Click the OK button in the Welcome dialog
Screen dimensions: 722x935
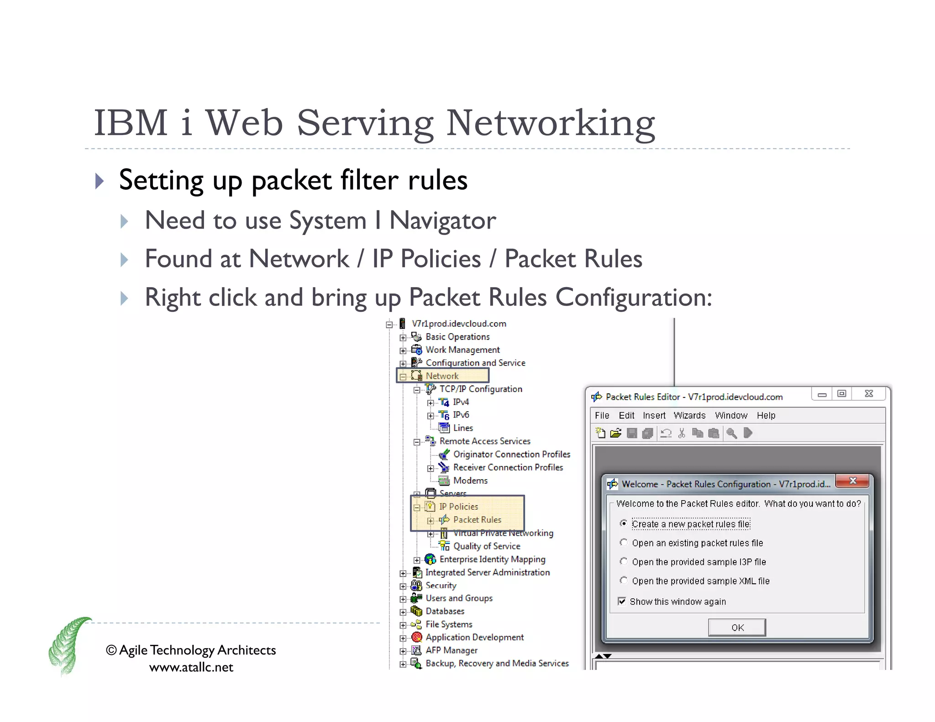[737, 628]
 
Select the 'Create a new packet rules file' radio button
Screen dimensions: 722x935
[624, 523]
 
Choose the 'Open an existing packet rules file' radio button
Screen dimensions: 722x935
[624, 543]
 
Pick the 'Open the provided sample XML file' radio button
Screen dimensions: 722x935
[624, 581]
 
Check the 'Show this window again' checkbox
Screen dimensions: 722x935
[622, 601]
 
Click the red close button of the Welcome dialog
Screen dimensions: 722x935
[852, 481]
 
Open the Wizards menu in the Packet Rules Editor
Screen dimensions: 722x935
[689, 415]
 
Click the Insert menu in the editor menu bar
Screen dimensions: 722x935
[654, 415]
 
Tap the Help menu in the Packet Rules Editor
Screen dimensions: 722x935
[766, 415]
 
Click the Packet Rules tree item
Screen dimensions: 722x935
[477, 520]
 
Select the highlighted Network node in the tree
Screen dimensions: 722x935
[441, 376]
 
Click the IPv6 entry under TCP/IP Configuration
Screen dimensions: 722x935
[461, 415]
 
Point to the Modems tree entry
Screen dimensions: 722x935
[470, 481]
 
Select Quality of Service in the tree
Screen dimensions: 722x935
[486, 546]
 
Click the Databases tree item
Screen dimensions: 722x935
[445, 611]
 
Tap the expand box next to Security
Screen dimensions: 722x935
[403, 586]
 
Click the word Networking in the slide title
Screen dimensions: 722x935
[550, 123]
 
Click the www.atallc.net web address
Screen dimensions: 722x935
[191, 667]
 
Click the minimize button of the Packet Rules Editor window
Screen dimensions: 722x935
[822, 394]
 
